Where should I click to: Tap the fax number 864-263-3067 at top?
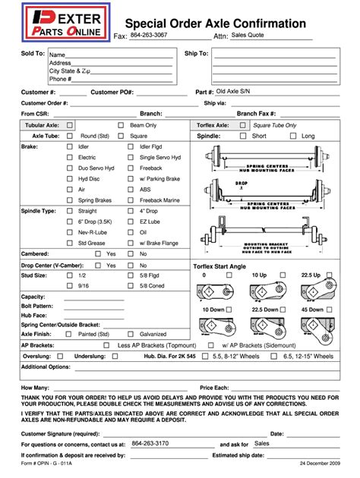(150, 35)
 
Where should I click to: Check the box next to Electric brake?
(70, 157)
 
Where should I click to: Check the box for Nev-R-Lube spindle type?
(70, 232)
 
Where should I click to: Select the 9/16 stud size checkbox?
(70, 286)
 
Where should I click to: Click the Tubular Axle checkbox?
(70, 124)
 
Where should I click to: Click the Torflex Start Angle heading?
(231, 267)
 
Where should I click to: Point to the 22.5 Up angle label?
(309, 275)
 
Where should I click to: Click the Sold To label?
(33, 54)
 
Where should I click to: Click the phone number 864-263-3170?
(150, 443)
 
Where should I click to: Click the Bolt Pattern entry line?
(93, 305)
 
